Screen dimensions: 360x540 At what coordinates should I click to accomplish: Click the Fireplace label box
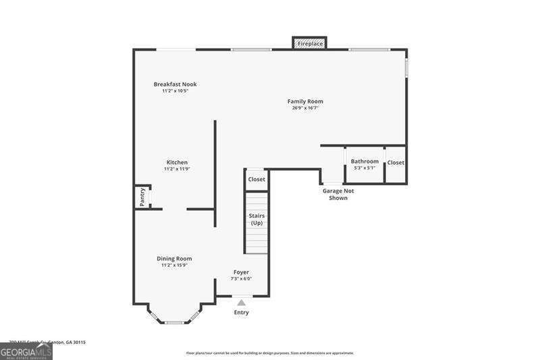point(310,44)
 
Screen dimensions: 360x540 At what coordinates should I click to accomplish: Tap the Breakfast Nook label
point(175,84)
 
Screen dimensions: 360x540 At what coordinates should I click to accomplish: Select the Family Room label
point(305,101)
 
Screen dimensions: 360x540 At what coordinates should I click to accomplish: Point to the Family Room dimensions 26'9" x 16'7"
point(305,108)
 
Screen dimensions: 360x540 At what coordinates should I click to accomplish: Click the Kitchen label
point(177,162)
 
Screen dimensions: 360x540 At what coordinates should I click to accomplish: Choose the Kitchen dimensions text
point(177,169)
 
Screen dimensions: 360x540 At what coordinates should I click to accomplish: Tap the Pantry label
point(142,197)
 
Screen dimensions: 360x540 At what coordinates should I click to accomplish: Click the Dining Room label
point(174,259)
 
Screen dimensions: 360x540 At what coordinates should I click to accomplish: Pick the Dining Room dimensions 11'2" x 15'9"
point(174,265)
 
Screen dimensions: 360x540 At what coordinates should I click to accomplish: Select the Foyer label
point(242,272)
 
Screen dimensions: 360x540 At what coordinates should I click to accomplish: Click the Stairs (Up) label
point(256,220)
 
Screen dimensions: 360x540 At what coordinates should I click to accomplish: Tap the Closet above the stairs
point(256,180)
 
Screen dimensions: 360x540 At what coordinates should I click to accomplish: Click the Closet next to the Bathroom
point(396,163)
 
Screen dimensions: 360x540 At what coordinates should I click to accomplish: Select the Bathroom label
point(364,161)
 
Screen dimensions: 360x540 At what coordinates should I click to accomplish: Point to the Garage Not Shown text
point(337,195)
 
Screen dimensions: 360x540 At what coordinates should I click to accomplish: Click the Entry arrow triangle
point(241,303)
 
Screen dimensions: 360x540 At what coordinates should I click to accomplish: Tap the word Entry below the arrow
point(241,313)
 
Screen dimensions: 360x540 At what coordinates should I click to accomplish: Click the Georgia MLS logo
point(26,352)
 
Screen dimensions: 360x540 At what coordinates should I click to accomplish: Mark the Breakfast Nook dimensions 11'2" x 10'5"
point(175,91)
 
